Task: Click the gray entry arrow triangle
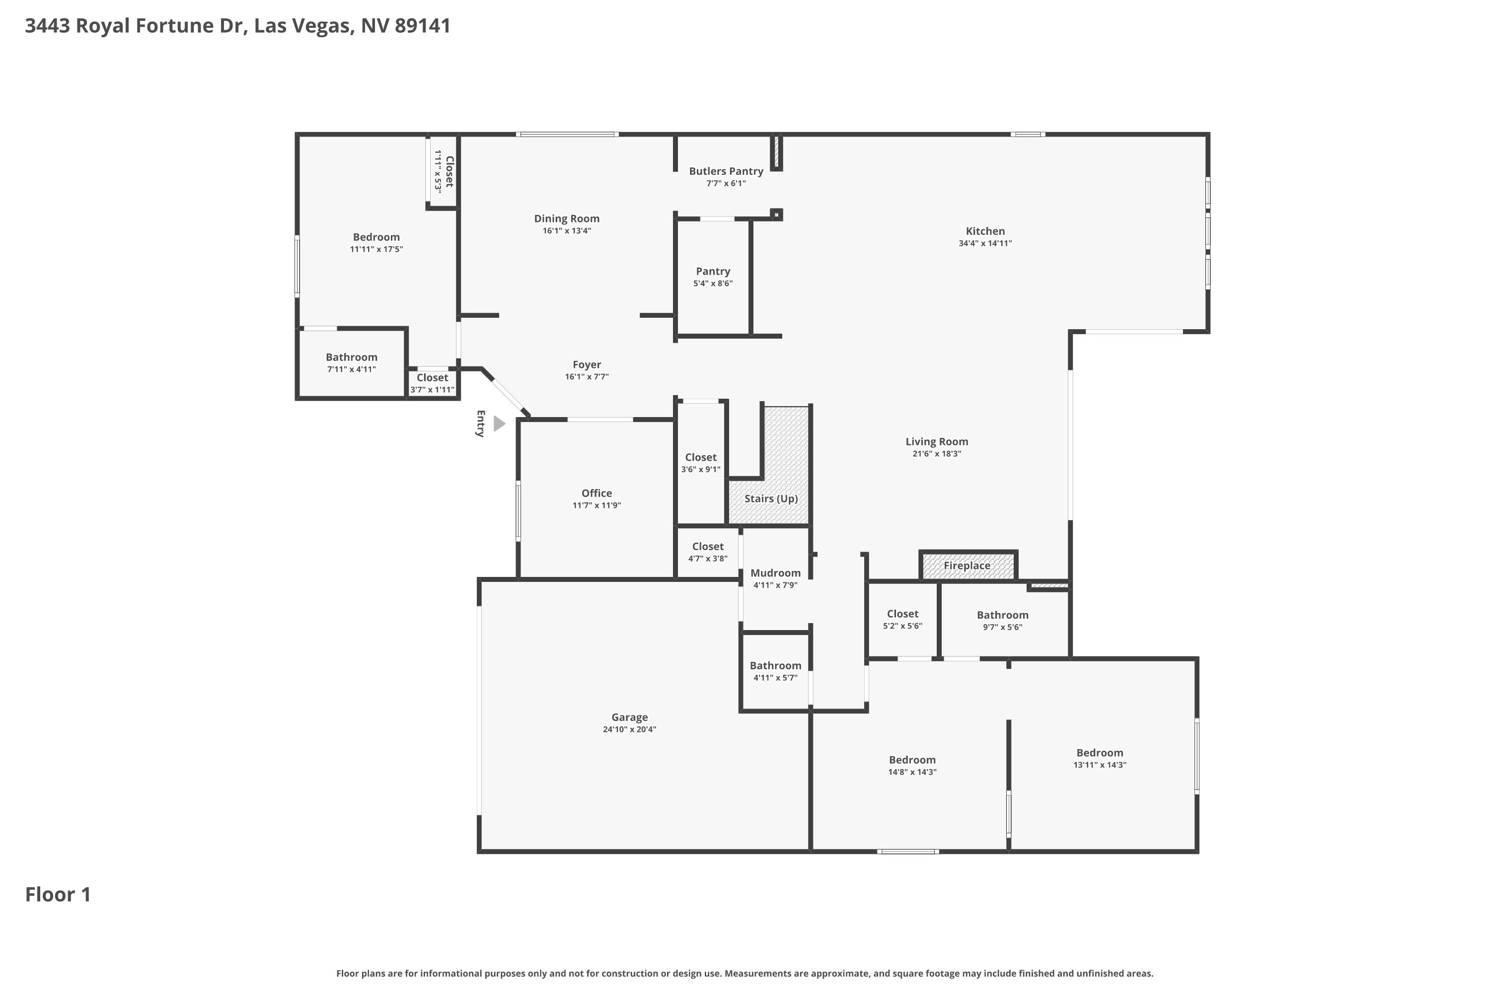pyautogui.click(x=499, y=424)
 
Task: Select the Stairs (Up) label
pyautogui.click(x=771, y=499)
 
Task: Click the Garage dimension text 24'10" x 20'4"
pyautogui.click(x=629, y=729)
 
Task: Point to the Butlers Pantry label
pyautogui.click(x=726, y=171)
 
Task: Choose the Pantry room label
pyautogui.click(x=713, y=272)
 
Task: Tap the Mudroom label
pyautogui.click(x=775, y=573)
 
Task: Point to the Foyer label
pyautogui.click(x=587, y=365)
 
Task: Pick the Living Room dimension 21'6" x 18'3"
pyautogui.click(x=936, y=453)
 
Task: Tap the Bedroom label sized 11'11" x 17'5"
pyautogui.click(x=376, y=237)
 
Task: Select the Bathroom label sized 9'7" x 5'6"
pyautogui.click(x=1002, y=615)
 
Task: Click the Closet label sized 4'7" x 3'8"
pyautogui.click(x=708, y=547)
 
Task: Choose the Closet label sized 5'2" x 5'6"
pyautogui.click(x=903, y=614)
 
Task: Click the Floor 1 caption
pyautogui.click(x=58, y=894)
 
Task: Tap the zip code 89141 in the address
pyautogui.click(x=423, y=26)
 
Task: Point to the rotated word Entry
pyautogui.click(x=480, y=423)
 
